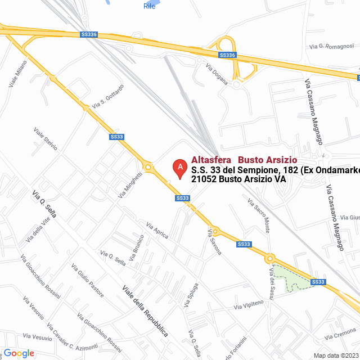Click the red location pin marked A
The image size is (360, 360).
point(179,168)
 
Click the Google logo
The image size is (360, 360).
point(19,353)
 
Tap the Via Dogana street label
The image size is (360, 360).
point(217,74)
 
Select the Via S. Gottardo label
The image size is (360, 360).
point(108,96)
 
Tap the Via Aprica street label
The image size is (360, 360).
point(157,231)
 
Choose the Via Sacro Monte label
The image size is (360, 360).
point(259,214)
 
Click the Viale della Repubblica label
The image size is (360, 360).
point(145,311)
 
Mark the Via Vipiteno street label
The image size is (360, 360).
point(249,304)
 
